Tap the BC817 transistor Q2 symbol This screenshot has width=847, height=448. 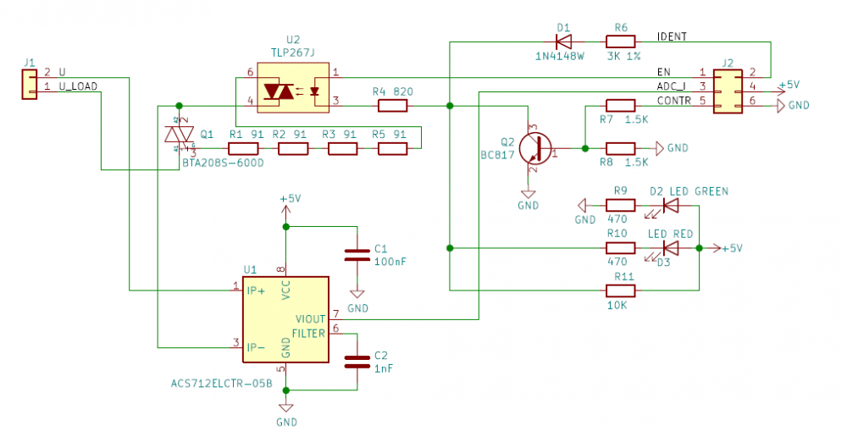tap(534, 147)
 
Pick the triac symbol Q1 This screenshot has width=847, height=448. tap(179, 135)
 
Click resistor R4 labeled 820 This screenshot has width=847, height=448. tap(392, 105)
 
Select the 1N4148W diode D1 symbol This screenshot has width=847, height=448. tap(562, 39)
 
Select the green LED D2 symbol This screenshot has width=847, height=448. tap(670, 205)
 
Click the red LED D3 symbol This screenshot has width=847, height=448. tap(670, 248)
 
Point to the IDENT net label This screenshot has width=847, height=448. tap(672, 37)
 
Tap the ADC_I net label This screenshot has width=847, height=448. tap(672, 86)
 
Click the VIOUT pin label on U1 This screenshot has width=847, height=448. tap(309, 319)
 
